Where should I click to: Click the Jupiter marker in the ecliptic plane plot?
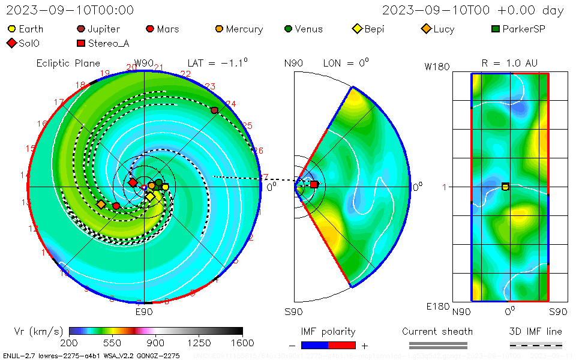tap(214, 110)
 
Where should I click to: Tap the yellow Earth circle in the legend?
tap(11, 29)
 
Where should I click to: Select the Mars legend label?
tap(167, 29)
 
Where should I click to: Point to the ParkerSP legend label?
tap(524, 29)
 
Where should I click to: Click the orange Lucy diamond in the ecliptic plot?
tap(101, 205)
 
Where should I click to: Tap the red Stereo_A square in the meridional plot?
tap(314, 184)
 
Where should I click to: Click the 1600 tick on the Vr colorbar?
tap(243, 343)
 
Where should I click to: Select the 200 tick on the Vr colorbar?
tap(70, 343)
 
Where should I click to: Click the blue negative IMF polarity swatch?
tap(314, 345)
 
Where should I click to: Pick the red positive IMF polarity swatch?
tap(342, 345)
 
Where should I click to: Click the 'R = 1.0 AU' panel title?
tap(509, 63)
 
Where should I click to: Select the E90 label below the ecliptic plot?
tap(144, 311)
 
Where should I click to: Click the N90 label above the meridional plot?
tap(293, 63)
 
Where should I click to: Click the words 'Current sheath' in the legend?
tap(437, 331)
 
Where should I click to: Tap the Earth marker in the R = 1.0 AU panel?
tap(505, 187)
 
